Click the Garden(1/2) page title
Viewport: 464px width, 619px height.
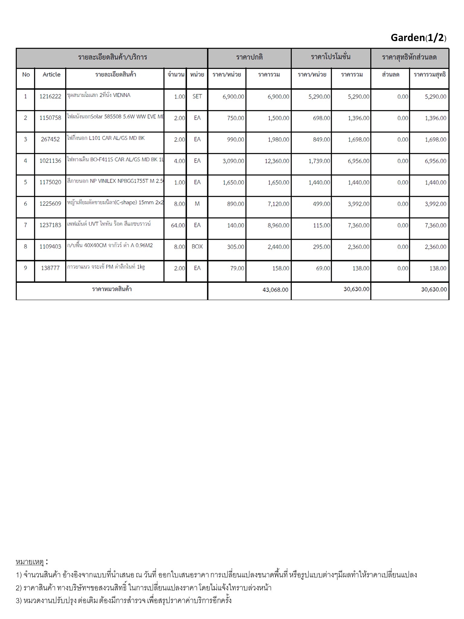pyautogui.click(x=418, y=38)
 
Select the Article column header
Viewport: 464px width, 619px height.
pyautogui.click(x=51, y=75)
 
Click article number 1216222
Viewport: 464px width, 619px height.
pyautogui.click(x=50, y=97)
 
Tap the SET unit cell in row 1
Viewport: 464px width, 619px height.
pyautogui.click(x=197, y=97)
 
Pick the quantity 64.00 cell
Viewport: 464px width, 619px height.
pyautogui.click(x=178, y=225)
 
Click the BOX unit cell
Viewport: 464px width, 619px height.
pyautogui.click(x=197, y=247)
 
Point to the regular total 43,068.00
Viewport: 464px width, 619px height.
pyautogui.click(x=275, y=290)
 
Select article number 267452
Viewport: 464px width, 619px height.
pyautogui.click(x=50, y=140)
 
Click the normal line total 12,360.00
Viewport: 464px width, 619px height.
pyautogui.click(x=277, y=161)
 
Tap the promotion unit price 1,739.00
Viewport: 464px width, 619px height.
pyautogui.click(x=319, y=161)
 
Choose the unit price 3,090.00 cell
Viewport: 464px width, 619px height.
pyautogui.click(x=233, y=161)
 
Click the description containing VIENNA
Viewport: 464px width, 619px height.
pyautogui.click(x=98, y=96)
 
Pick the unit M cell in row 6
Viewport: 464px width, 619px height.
pyautogui.click(x=197, y=204)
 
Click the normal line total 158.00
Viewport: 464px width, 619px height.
pyautogui.click(x=281, y=268)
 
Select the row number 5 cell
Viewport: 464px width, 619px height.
pyautogui.click(x=25, y=183)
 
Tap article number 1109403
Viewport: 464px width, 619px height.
pyautogui.click(x=50, y=247)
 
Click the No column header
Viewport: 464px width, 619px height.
pyautogui.click(x=26, y=75)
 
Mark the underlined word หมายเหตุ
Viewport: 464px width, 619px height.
pyautogui.click(x=30, y=562)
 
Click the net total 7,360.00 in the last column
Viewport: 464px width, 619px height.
pyautogui.click(x=435, y=225)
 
